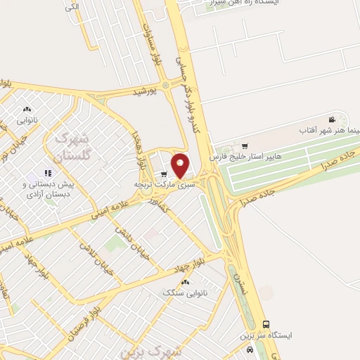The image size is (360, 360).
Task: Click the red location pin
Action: coord(181,165)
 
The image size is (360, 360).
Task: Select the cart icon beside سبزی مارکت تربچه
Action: coord(164,174)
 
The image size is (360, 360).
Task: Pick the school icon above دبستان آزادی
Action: coord(49,172)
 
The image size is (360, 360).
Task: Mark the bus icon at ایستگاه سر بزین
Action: coord(265,324)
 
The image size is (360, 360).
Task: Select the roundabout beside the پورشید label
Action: coord(166,86)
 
